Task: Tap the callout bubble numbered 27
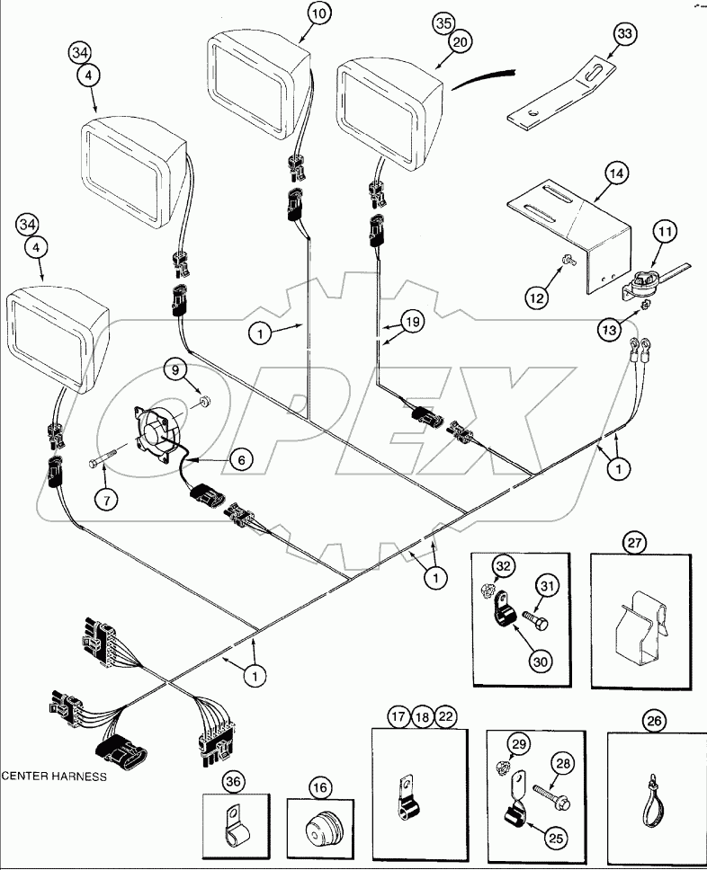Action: pos(634,542)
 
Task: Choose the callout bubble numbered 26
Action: pos(652,719)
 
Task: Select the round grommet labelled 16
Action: pos(321,822)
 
